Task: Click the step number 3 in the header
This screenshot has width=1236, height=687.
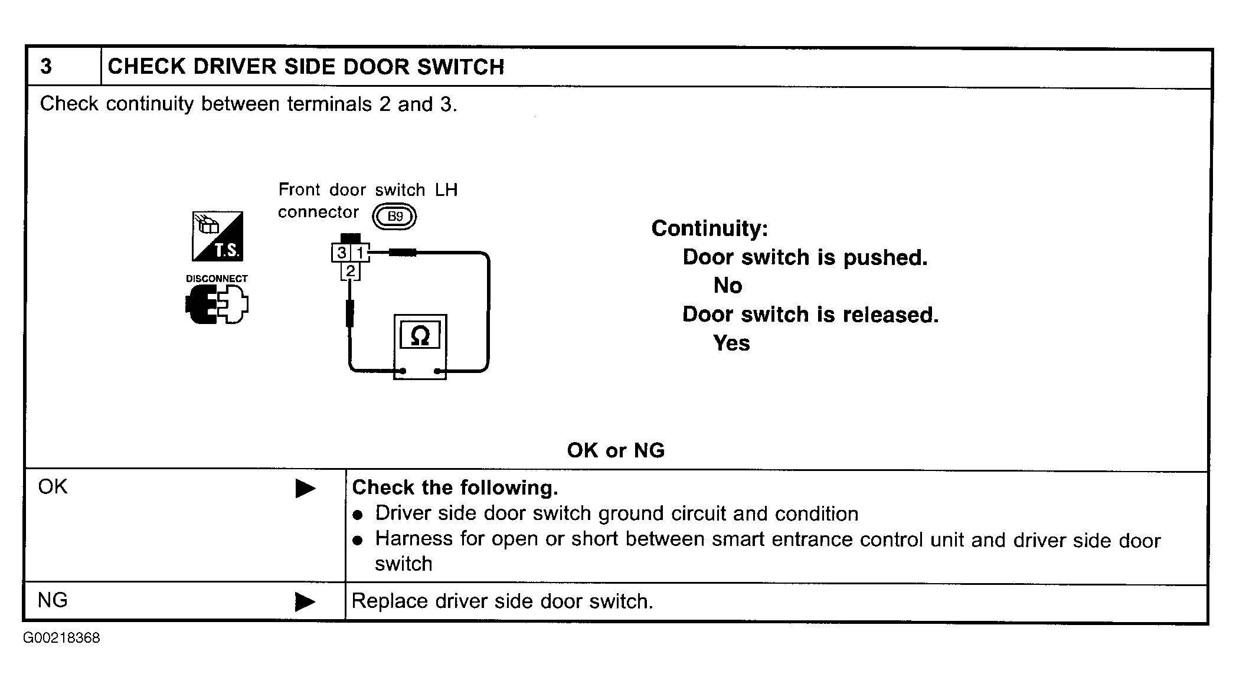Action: tap(46, 67)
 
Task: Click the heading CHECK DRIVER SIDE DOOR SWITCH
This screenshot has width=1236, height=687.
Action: tap(306, 67)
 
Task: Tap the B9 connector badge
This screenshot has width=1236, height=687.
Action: tap(394, 217)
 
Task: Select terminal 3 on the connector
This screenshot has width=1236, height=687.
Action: tap(341, 253)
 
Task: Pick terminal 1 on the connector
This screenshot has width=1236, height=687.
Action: tap(359, 253)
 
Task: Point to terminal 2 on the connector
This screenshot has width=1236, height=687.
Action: tap(351, 271)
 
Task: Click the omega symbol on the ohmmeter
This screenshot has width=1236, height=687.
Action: tap(420, 336)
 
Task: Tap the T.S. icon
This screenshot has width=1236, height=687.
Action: tap(217, 236)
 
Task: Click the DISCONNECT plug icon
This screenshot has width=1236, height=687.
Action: tap(217, 304)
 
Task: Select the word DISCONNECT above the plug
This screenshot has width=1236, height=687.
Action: tap(217, 279)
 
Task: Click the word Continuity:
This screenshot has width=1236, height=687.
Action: tap(709, 228)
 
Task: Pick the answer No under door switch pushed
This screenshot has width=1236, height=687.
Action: tap(728, 286)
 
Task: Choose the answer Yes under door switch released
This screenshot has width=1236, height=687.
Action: tap(731, 343)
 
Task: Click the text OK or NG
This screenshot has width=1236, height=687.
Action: tap(616, 450)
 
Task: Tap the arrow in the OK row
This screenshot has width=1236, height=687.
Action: tap(305, 489)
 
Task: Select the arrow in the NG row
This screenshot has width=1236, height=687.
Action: tap(305, 602)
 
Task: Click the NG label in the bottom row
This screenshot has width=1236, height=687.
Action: tap(53, 600)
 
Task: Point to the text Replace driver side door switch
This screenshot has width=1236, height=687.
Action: tap(502, 601)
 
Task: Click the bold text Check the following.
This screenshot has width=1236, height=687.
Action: tap(455, 488)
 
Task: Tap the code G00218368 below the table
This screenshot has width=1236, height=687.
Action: tap(62, 638)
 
